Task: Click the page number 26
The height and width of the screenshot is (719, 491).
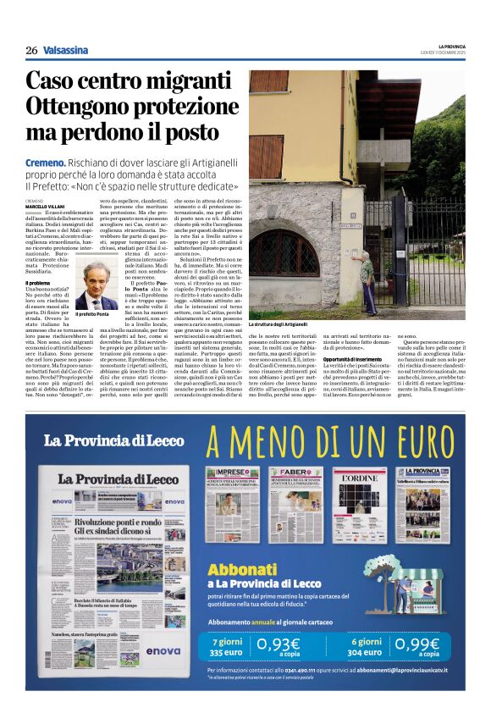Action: click(x=31, y=50)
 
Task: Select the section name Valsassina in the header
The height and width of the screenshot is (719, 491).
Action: click(x=65, y=50)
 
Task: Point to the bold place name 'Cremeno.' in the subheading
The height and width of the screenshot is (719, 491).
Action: click(x=46, y=162)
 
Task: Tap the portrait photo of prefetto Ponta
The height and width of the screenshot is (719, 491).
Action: click(x=100, y=285)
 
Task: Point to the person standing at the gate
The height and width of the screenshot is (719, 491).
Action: click(x=366, y=284)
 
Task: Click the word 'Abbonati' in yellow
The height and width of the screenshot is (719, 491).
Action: click(x=240, y=569)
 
